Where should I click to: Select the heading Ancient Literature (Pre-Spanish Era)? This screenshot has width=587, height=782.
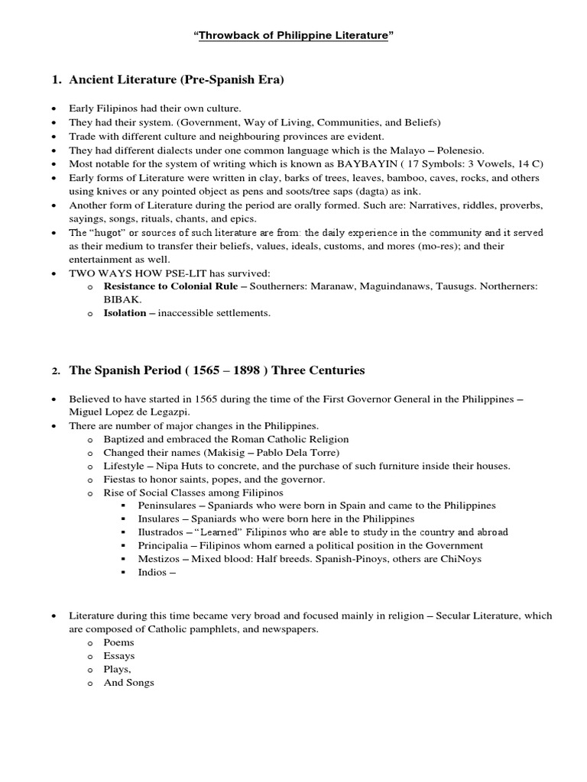click(177, 79)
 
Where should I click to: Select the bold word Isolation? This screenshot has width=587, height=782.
click(125, 312)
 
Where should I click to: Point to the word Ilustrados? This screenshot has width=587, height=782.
click(161, 532)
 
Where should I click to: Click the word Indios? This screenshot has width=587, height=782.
click(153, 572)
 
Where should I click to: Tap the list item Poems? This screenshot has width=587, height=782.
click(119, 642)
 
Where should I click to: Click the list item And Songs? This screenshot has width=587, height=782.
click(128, 682)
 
